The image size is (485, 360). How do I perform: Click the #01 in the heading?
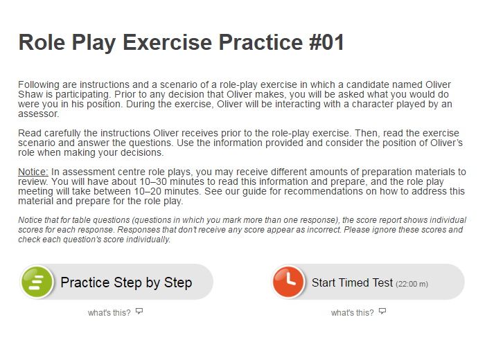(326, 42)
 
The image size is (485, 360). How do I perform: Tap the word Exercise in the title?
(168, 42)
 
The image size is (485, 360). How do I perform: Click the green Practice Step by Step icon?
(37, 282)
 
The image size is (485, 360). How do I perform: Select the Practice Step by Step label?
(126, 282)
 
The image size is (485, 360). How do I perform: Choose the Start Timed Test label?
(352, 282)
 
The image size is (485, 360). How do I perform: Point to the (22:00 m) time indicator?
(412, 284)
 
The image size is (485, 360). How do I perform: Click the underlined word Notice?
(33, 172)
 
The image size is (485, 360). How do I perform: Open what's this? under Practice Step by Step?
(109, 313)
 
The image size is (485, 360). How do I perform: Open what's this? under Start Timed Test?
(352, 313)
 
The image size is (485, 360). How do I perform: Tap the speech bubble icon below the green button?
(139, 311)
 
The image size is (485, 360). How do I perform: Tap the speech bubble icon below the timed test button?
(382, 311)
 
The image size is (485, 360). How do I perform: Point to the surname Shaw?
(30, 94)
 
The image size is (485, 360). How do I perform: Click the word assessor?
(39, 114)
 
